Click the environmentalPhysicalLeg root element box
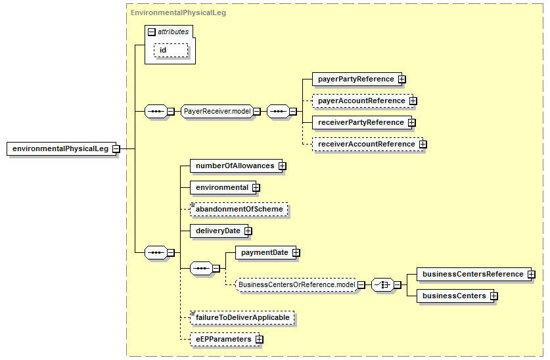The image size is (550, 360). (61, 148)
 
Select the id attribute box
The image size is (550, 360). (171, 50)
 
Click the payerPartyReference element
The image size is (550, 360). (357, 79)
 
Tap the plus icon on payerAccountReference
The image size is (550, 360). (413, 101)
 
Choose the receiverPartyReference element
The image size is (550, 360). (361, 123)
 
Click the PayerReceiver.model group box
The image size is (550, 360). (217, 112)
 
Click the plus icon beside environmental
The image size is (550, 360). (256, 188)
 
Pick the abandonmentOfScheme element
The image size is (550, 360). (239, 210)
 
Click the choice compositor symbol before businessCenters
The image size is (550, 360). (382, 284)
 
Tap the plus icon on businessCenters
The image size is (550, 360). (494, 296)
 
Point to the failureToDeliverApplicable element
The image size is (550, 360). (242, 317)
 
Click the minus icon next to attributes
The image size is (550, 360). (152, 32)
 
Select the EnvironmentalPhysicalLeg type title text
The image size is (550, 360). (178, 13)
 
